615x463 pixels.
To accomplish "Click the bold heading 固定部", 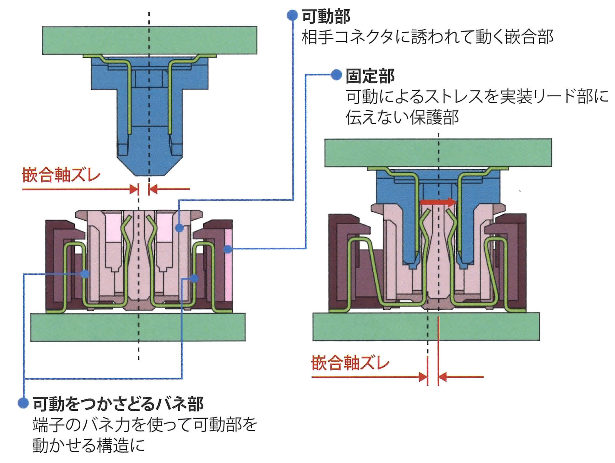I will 370,76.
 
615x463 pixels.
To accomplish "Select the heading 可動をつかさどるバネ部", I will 118,404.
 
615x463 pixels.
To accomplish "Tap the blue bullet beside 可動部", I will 292,15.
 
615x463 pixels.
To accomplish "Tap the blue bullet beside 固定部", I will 336,75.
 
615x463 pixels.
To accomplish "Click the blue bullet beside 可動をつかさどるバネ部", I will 23,403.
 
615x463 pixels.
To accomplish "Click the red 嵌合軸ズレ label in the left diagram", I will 61,175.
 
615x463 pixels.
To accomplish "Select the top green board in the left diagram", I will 150,40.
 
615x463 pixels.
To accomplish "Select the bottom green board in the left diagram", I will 138,327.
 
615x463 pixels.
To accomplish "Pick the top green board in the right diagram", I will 438,153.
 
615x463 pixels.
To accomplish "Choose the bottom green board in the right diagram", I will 426,327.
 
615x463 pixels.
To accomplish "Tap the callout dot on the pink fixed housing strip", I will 228,249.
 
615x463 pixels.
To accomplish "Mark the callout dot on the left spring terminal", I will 85,274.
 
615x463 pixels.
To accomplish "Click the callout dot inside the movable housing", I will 180,228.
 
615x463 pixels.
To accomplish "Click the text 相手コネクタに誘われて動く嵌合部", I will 427,37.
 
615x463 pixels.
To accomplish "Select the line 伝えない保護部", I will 402,117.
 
